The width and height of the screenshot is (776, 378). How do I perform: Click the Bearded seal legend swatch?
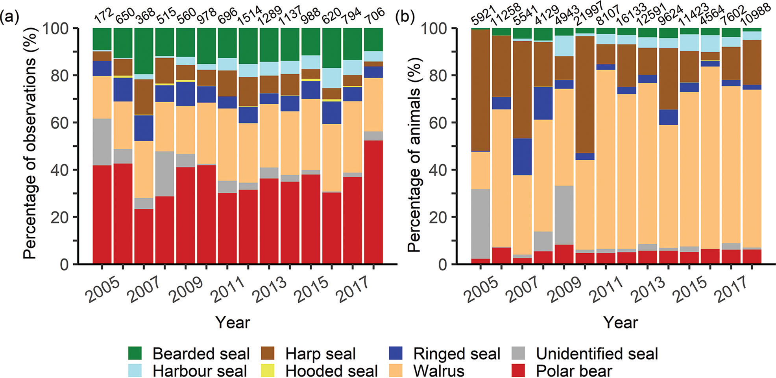(x=136, y=354)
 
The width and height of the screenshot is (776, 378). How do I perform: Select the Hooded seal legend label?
(x=332, y=371)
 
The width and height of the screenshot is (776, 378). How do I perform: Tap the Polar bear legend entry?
(x=573, y=371)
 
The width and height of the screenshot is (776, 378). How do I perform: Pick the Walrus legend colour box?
(x=396, y=371)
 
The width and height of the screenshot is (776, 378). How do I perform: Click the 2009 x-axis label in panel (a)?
(x=186, y=289)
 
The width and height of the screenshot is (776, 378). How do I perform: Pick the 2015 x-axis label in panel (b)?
(x=692, y=289)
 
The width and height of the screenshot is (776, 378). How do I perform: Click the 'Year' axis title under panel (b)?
(x=621, y=323)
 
